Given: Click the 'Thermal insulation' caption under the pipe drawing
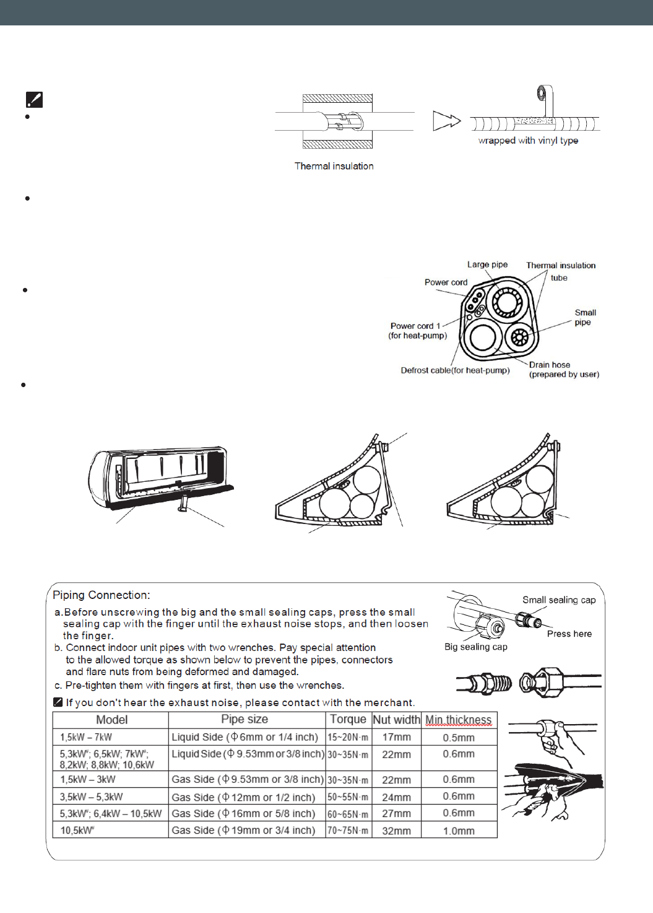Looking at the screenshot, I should point(334,166).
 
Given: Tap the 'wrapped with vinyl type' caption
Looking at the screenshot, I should point(528,141).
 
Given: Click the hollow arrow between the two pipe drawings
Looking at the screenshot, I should point(446,121).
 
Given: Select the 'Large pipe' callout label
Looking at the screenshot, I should point(487,264).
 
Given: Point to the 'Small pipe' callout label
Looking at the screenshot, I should point(584,317).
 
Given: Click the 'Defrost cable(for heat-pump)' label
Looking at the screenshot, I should point(455,370).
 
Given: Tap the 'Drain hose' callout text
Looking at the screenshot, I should point(550,365).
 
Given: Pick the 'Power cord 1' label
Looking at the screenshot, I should point(415,326).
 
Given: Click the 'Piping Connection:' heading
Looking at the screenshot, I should point(102,595).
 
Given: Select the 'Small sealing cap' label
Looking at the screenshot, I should point(559,600).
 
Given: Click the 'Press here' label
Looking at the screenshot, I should point(569,634).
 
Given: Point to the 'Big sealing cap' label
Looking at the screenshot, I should point(475,647).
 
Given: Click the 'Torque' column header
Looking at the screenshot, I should point(348,719).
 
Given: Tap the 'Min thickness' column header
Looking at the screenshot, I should point(458,720).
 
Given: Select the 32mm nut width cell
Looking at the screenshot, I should point(396,831).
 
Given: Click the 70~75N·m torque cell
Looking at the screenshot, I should point(348,831).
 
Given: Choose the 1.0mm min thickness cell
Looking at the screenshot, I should point(459,831).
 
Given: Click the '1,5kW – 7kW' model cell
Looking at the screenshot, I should point(86,737).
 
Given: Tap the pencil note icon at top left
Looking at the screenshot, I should point(34,99).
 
